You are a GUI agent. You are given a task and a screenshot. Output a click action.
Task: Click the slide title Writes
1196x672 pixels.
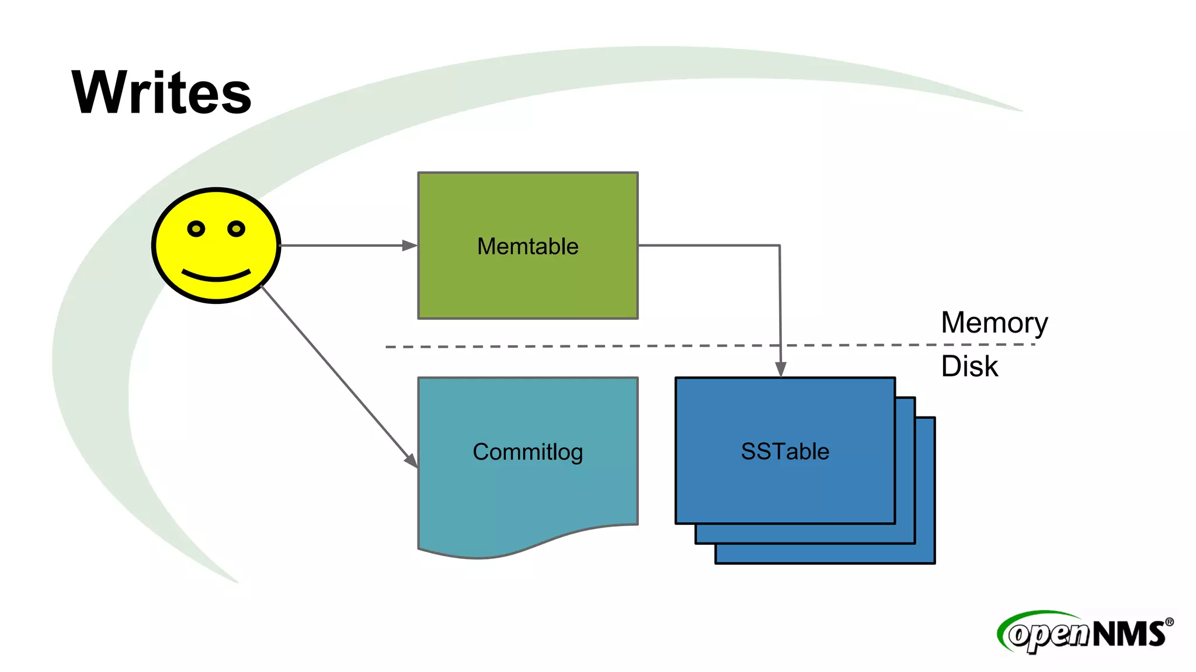point(161,92)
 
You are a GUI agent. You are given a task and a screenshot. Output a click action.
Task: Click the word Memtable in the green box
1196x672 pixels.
point(527,246)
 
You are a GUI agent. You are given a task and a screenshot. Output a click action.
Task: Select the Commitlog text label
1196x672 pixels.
point(527,452)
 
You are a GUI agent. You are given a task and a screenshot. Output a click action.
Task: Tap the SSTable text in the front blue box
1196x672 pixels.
point(785,452)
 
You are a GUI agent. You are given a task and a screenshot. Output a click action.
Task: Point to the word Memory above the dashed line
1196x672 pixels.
point(994,323)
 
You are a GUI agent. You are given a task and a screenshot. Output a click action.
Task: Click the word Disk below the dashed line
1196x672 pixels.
point(969,366)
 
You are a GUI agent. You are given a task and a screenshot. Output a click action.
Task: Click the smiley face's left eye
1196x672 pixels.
point(196,229)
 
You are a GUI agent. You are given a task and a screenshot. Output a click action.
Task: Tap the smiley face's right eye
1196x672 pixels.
point(236,229)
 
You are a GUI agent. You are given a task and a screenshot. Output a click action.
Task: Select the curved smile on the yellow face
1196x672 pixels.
point(216,275)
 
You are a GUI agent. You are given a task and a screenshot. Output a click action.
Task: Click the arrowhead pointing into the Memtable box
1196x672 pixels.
point(410,246)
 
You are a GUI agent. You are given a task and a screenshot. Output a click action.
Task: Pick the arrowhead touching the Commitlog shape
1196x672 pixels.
point(411,460)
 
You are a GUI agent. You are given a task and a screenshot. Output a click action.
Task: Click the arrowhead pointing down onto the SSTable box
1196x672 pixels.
point(781,369)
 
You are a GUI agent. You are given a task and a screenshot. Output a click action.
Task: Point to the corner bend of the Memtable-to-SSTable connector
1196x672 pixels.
point(780,246)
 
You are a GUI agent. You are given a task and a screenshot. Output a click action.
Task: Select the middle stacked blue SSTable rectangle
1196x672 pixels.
point(905,533)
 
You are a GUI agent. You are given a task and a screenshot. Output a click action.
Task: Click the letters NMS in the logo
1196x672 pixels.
point(1128,634)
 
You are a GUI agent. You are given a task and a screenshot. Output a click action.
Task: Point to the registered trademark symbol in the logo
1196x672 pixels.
point(1169,622)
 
